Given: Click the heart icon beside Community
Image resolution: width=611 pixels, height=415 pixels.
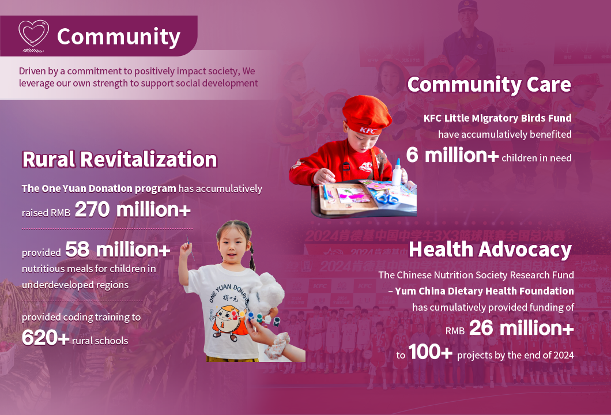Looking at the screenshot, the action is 33,36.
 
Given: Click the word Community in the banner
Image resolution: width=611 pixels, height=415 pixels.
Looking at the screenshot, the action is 119,37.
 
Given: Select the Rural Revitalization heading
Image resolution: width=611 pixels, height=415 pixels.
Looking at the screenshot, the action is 119,160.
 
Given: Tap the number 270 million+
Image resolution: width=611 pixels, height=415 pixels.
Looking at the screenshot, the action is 133,210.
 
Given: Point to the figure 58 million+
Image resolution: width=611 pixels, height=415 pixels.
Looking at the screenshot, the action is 118,250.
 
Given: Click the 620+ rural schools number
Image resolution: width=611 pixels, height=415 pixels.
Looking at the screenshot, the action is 46,337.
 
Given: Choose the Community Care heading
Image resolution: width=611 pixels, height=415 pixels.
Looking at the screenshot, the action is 489,85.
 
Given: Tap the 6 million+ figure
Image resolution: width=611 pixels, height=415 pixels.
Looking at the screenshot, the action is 452,155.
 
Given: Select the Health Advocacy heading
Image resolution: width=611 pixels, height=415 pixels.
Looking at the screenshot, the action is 490,250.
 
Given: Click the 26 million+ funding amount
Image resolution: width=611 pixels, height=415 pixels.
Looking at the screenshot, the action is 522,328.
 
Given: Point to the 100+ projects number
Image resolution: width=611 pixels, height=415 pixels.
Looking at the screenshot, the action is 430,352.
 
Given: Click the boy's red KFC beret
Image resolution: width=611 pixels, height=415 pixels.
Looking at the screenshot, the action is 367,115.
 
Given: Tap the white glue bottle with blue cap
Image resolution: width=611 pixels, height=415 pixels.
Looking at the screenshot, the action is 397,172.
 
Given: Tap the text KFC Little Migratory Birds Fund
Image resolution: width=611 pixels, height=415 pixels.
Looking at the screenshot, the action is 497,118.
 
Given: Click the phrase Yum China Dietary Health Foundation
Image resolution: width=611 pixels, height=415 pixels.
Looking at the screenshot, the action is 484,291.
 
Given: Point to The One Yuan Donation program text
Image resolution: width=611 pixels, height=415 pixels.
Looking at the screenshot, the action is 99,188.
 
